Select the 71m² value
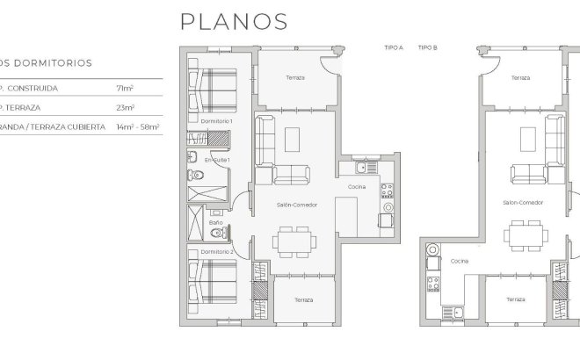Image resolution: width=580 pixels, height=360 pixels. point(124,89)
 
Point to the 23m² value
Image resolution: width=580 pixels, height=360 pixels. point(125,108)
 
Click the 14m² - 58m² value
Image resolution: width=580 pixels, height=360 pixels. point(137,127)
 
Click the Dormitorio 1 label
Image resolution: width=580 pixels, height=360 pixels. point(216,120)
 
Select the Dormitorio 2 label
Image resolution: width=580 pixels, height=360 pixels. point(216,251)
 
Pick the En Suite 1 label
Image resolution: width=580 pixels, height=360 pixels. point(217,161)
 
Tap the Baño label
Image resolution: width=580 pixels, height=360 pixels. point(215,223)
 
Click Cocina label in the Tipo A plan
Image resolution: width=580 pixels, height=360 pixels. point(357,187)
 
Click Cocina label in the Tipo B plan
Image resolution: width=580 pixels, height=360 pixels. point(460,262)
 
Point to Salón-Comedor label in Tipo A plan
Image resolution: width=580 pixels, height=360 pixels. point(296,205)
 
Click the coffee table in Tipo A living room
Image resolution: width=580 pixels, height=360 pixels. point(291,138)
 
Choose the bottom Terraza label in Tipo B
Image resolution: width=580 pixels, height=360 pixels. point(516,299)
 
